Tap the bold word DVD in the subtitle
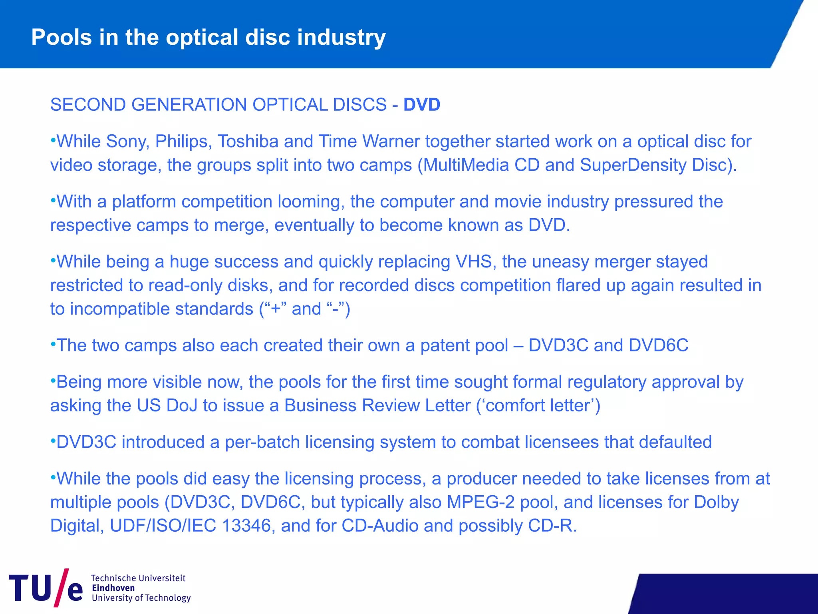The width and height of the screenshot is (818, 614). pos(421,105)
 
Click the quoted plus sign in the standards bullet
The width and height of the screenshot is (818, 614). pos(276,309)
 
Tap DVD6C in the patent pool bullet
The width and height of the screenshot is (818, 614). pos(658,345)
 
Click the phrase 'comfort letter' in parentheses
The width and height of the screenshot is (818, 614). pos(538,406)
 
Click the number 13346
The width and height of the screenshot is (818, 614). pos(246,526)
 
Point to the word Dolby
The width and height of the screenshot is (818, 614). pos(716,502)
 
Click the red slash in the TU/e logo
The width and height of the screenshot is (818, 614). pos(62,587)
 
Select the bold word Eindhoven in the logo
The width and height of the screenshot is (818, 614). pos(113,588)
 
